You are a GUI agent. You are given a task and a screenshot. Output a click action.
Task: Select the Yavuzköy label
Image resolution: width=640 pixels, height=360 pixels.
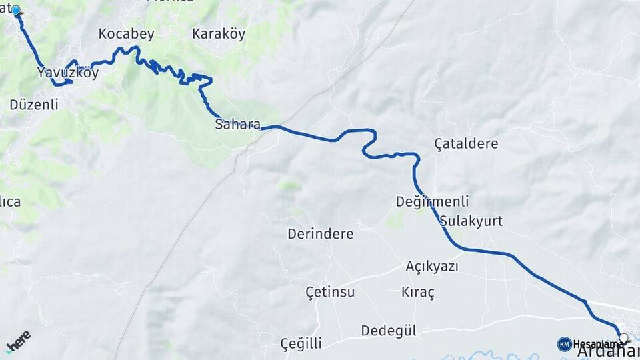tap(68, 73)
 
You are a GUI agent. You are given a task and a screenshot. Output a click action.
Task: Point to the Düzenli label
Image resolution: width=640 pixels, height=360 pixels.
tap(34, 105)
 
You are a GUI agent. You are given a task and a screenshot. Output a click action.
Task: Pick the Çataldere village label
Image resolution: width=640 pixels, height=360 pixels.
tap(466, 143)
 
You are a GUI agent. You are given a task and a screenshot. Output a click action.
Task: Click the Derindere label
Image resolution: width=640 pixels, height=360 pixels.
tap(320, 234)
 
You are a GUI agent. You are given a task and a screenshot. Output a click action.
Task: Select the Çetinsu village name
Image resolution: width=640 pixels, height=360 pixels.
tap(330, 292)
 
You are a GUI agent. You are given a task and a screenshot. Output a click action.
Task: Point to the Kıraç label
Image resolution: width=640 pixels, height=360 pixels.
tap(418, 292)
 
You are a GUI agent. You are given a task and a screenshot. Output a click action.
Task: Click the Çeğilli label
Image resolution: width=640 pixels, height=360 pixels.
tap(301, 344)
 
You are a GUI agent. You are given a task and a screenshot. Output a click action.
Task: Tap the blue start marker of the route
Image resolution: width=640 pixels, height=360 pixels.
tap(15, 11)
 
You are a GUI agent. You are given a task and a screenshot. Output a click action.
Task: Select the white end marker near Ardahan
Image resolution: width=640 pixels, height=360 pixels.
tap(623, 338)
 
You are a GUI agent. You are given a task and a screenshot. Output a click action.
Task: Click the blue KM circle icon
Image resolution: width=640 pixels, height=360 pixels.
tap(564, 344)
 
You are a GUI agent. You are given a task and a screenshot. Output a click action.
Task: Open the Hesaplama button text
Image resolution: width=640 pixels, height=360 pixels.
tap(594, 344)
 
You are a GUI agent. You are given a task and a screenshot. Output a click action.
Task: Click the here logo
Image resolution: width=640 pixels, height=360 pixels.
tap(19, 341)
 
